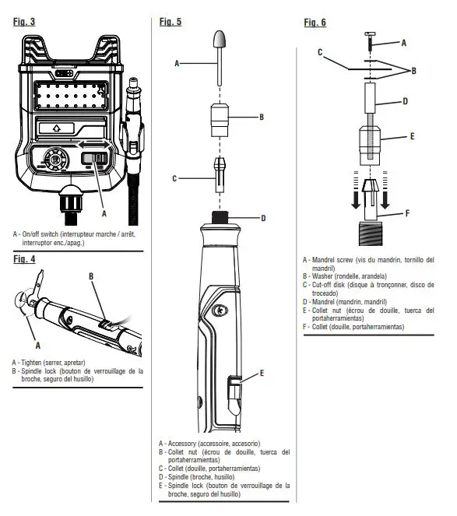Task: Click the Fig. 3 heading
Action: [x=24, y=22]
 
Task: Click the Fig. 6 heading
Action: [x=315, y=23]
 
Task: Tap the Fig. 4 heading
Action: [x=24, y=259]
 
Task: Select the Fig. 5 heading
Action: [x=170, y=22]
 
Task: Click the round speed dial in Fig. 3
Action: [x=56, y=160]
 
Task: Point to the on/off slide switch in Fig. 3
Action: [x=94, y=159]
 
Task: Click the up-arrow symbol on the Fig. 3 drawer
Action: [x=57, y=128]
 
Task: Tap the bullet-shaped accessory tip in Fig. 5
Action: [x=220, y=40]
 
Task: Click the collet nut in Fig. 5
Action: [x=220, y=120]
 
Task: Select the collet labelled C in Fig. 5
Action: [x=220, y=175]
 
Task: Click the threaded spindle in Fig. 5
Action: [x=220, y=217]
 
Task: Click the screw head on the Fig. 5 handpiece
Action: [x=220, y=310]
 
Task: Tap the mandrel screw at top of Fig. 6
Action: [x=370, y=40]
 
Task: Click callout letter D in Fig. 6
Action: [x=405, y=101]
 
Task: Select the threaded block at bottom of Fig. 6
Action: [x=371, y=233]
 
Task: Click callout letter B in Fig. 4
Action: [x=91, y=276]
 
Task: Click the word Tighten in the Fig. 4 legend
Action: [x=31, y=363]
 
